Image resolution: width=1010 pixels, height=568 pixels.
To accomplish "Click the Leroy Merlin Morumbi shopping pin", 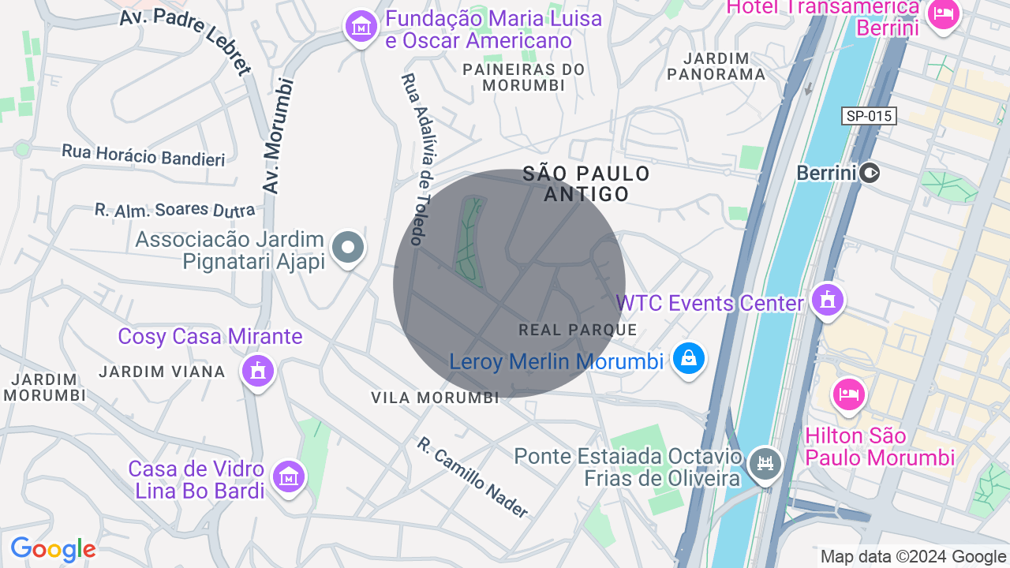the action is (689, 359).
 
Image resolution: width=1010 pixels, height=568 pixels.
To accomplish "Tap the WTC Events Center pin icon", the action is (827, 300).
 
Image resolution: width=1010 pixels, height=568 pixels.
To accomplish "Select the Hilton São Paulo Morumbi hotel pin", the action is (848, 394).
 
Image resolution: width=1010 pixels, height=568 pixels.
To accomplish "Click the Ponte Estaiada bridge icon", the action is (765, 462).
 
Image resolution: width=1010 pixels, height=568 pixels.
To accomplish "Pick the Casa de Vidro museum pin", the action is (288, 476).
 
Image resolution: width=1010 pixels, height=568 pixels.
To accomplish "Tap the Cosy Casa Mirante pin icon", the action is (257, 369).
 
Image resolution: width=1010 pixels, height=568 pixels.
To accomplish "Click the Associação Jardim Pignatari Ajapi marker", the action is (347, 247).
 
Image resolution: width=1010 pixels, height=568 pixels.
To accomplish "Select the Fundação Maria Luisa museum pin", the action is (361, 26).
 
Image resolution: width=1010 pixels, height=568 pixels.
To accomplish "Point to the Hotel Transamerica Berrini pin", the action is (943, 13).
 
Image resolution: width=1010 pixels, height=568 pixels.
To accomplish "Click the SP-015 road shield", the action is (869, 116).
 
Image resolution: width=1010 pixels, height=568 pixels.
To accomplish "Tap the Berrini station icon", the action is (870, 172).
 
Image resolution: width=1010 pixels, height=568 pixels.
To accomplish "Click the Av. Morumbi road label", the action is (278, 136).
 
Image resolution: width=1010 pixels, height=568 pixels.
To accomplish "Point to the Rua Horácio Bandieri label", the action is (144, 155).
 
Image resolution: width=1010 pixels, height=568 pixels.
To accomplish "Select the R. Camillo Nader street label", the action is (472, 476).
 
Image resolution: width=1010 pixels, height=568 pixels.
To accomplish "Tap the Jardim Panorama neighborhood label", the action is (716, 66).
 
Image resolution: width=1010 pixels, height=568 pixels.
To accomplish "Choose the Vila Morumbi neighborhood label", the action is (436, 398).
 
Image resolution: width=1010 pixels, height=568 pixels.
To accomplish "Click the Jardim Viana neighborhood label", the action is (163, 371).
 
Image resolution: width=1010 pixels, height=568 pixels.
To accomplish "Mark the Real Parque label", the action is (578, 329).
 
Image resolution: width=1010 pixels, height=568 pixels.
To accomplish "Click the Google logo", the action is (53, 549).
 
